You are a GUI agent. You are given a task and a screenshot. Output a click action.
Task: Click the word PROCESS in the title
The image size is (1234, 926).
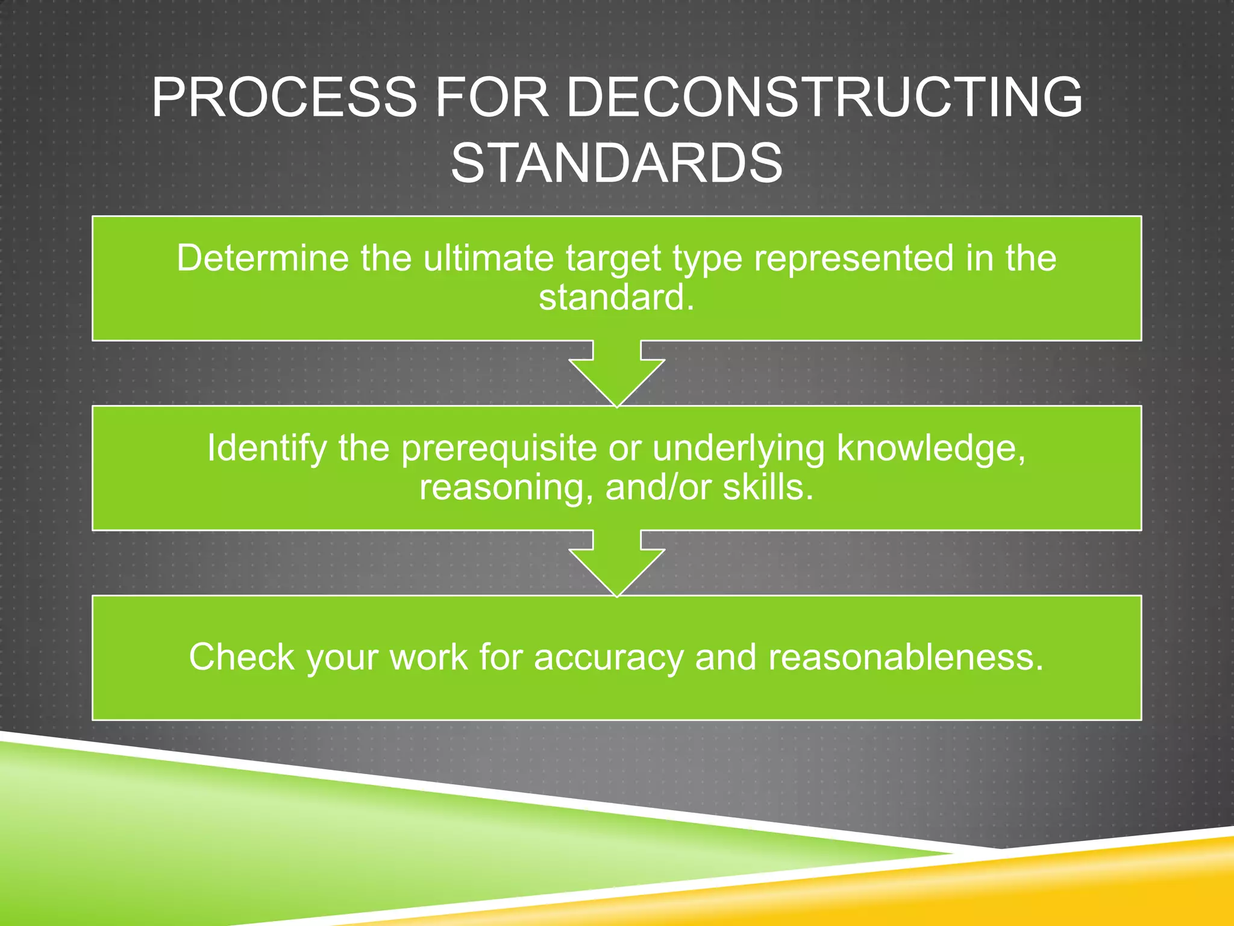[284, 97]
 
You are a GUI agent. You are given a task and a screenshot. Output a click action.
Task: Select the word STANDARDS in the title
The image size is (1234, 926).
[616, 163]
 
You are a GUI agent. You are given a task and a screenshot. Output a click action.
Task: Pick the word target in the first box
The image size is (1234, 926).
[613, 259]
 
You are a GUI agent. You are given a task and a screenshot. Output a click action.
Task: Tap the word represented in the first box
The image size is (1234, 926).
[854, 259]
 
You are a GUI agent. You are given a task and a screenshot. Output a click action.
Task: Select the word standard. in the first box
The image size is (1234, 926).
[616, 297]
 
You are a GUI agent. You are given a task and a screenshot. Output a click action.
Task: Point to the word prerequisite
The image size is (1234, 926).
[498, 449]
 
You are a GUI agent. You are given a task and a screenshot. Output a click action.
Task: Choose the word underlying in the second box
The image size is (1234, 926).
[738, 449]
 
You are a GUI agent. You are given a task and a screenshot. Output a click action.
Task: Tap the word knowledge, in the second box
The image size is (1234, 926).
[931, 449]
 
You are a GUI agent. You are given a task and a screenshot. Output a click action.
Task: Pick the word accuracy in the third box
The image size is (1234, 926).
[609, 658]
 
